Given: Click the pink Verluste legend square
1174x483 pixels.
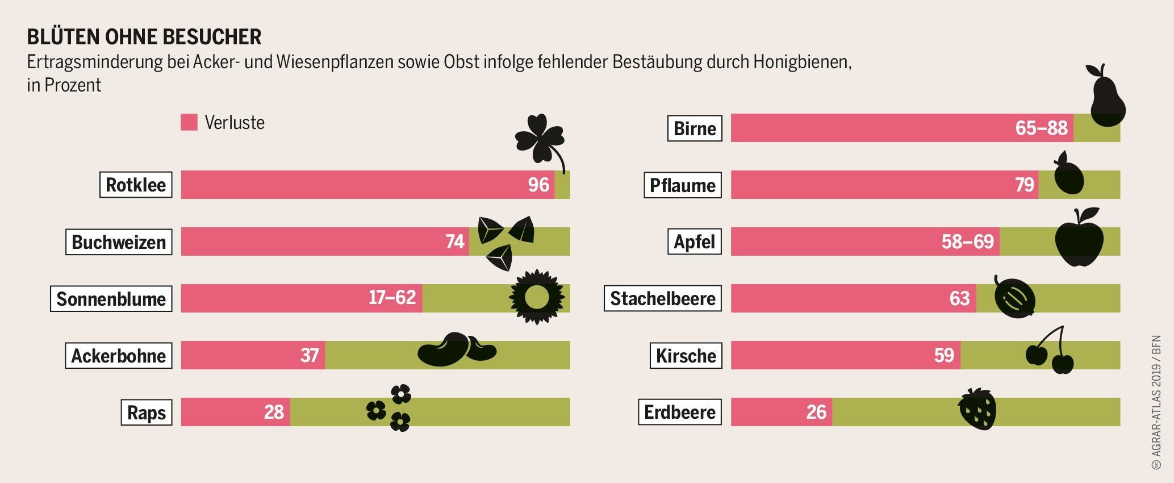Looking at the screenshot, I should click(189, 122).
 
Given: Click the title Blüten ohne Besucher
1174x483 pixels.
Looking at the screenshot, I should click(144, 37).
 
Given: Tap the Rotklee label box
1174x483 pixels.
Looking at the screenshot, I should click(136, 185).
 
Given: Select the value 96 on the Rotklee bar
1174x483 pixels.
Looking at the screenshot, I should click(538, 185).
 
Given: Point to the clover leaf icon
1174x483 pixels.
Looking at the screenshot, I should click(538, 138).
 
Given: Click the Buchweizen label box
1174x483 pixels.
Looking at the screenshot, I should click(119, 242).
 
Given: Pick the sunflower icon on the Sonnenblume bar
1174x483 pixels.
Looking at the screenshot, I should click(536, 297).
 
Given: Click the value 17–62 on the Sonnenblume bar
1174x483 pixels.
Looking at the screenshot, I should click(392, 297).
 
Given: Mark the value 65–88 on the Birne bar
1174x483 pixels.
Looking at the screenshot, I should click(1041, 128).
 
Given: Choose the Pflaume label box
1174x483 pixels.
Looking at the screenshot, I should click(682, 185).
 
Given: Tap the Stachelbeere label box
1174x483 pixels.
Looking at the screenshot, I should click(662, 298).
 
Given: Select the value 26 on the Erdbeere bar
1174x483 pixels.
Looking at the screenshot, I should click(816, 412).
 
